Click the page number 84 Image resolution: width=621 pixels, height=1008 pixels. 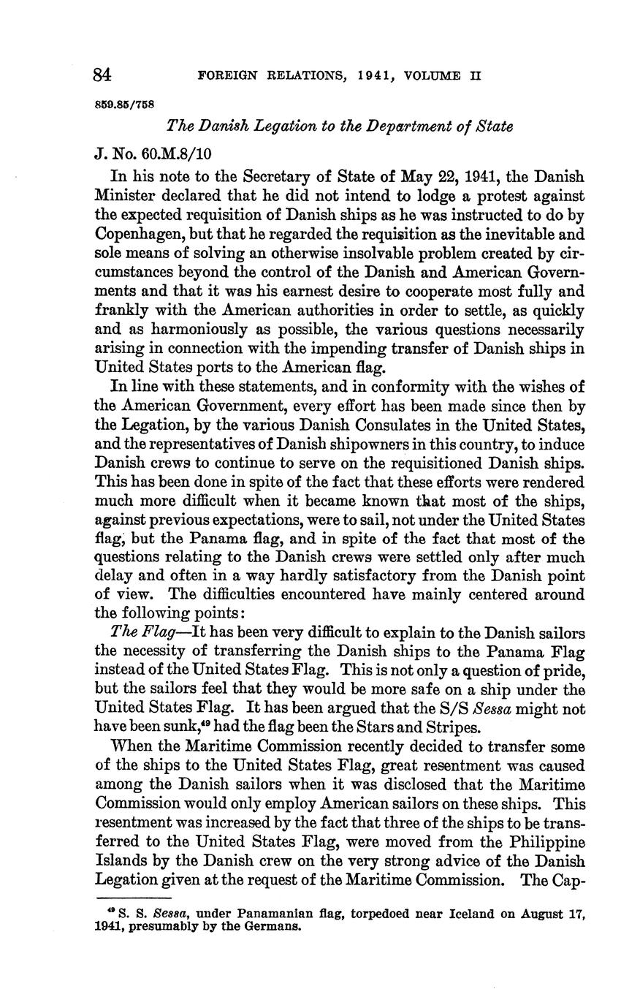pos(102,75)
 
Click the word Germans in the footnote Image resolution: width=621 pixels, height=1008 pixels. pos(273,927)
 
